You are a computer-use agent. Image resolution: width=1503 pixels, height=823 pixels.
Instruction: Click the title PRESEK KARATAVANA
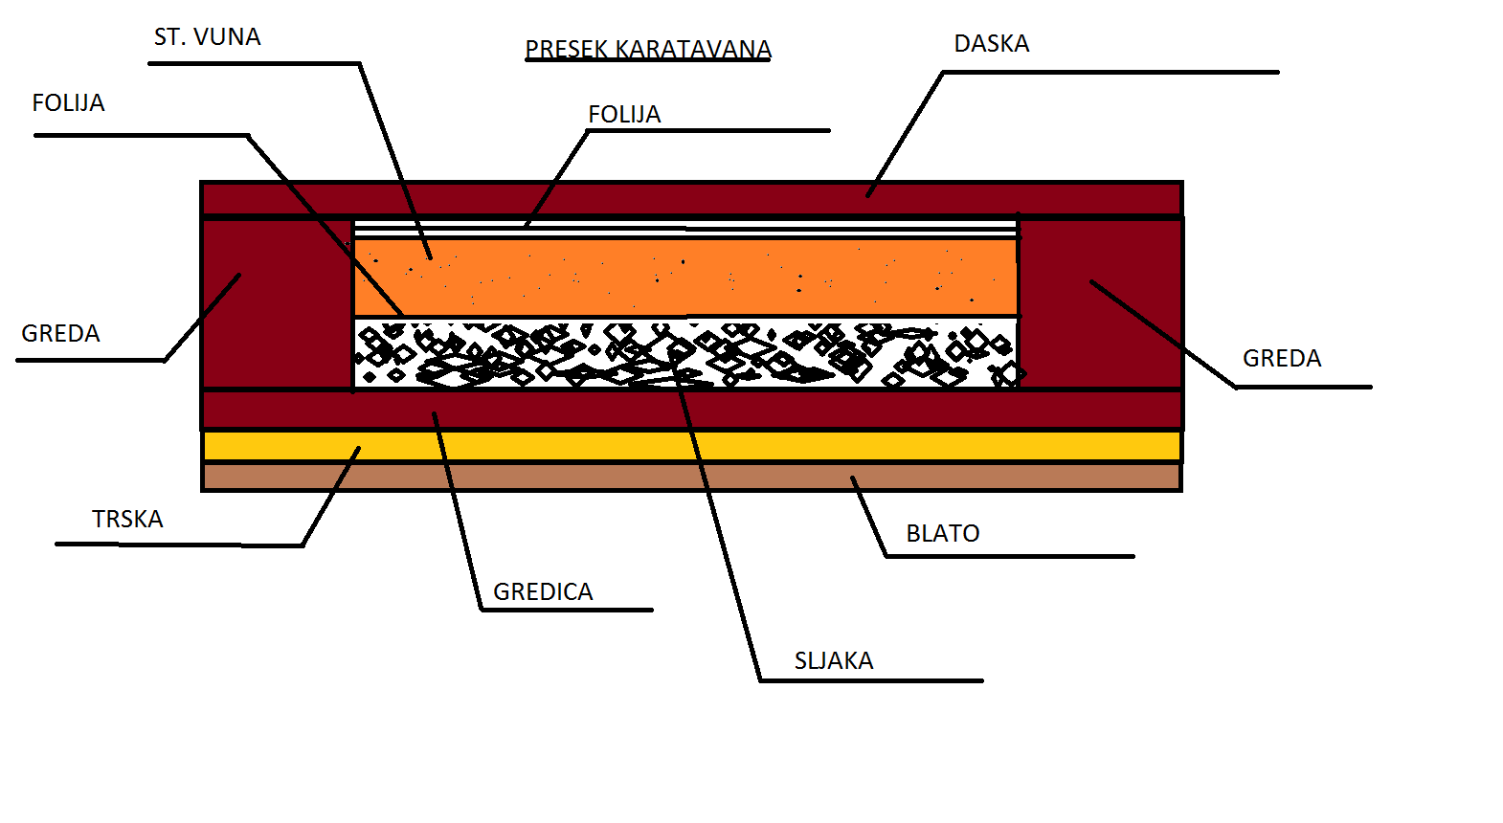click(x=648, y=49)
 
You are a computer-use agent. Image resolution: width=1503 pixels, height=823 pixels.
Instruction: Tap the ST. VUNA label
click(x=207, y=37)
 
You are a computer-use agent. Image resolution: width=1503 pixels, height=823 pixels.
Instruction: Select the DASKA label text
click(x=991, y=44)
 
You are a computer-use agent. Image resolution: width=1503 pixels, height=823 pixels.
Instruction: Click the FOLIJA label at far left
click(x=68, y=103)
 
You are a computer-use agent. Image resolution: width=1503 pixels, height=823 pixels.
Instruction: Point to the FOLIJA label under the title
click(x=624, y=115)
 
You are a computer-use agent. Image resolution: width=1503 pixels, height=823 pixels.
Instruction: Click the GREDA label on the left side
click(x=60, y=334)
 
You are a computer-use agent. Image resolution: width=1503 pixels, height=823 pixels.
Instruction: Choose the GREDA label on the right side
click(x=1281, y=359)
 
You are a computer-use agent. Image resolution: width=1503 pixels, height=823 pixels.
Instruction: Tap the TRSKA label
click(x=127, y=520)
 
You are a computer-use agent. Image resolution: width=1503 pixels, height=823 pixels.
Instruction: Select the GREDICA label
click(x=543, y=592)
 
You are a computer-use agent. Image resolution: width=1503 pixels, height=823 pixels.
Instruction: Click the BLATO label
click(x=942, y=534)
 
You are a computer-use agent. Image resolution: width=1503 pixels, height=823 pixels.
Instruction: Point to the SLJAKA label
click(x=833, y=661)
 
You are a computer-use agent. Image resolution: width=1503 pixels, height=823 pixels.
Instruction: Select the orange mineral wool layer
click(x=684, y=277)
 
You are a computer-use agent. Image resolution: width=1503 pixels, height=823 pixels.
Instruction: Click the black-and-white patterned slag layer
click(x=684, y=353)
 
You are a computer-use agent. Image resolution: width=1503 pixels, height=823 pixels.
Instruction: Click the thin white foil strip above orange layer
click(x=684, y=229)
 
